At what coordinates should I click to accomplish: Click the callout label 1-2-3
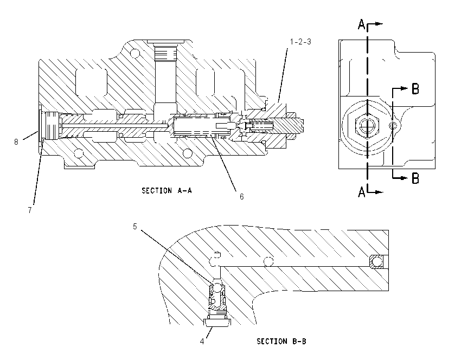300,42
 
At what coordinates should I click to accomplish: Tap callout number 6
242,197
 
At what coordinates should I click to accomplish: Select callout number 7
30,210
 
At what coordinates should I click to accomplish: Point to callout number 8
16,142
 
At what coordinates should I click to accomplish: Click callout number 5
135,227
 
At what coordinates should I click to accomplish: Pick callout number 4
202,342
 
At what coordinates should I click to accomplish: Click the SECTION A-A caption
167,191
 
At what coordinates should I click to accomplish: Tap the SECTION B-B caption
281,342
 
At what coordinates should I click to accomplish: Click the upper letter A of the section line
362,24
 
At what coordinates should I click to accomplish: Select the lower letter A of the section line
362,192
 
